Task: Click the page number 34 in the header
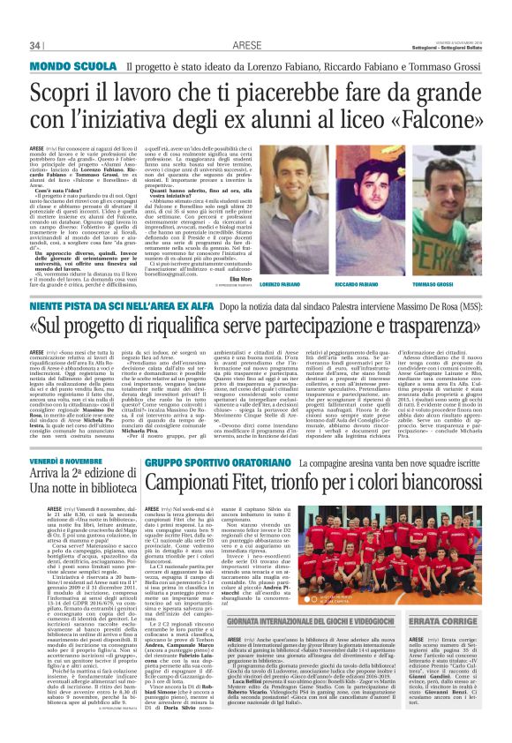click(x=36, y=45)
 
